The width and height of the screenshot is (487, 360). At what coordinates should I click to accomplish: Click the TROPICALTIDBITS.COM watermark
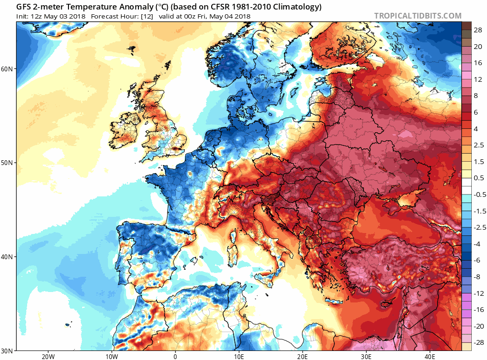tap(418, 16)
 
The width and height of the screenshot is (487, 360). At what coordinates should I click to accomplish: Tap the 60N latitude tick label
tap(7, 68)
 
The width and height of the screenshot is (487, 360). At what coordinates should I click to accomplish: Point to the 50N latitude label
tap(7, 163)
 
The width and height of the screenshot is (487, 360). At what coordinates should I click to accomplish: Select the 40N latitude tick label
tap(7, 257)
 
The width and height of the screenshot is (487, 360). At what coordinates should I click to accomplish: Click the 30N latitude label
tap(7, 351)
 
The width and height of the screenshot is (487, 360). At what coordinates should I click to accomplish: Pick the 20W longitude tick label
tap(49, 357)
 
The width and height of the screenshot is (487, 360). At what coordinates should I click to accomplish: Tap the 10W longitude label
tap(112, 357)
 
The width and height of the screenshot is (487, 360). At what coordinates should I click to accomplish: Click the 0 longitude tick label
tap(175, 357)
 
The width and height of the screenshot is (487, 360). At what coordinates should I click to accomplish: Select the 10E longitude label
tap(239, 357)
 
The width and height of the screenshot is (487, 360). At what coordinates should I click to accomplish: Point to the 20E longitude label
tap(302, 357)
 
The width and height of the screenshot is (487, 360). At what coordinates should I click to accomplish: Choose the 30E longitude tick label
tap(366, 357)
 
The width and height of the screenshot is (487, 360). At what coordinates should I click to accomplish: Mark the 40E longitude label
tap(430, 357)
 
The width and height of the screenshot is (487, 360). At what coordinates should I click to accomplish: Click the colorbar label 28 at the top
tap(478, 30)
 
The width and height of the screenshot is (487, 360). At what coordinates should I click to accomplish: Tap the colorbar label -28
tap(478, 342)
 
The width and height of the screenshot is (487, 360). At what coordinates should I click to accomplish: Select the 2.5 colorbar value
tap(479, 145)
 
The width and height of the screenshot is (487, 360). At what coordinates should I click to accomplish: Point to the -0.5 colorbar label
tap(479, 195)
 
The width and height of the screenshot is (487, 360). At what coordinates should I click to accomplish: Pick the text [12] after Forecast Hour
tap(147, 17)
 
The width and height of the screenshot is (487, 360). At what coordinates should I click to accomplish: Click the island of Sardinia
tap(232, 255)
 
